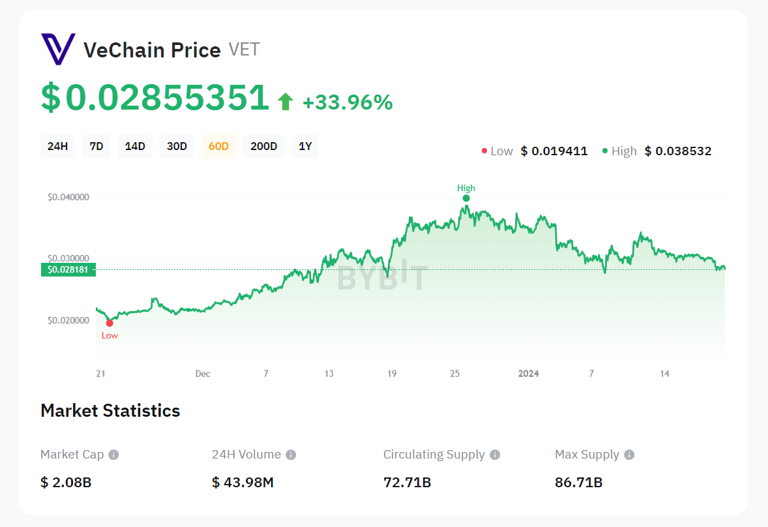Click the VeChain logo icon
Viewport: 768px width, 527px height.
(58, 50)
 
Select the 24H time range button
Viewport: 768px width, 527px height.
(58, 146)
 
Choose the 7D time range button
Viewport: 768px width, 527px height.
(96, 146)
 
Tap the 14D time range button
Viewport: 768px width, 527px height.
(135, 146)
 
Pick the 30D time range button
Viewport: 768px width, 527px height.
(177, 146)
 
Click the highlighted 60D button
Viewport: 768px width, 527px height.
(218, 146)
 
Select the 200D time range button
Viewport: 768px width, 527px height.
(264, 146)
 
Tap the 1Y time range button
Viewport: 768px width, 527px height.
(305, 146)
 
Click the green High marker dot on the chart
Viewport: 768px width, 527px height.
(466, 198)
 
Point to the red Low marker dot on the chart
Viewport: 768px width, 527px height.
(110, 323)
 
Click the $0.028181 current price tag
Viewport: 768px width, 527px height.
(68, 269)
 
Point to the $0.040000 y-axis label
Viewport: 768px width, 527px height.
(68, 197)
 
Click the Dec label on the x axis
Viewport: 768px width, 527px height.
(203, 374)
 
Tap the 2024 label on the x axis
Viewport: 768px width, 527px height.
(528, 374)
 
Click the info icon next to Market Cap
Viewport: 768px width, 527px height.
(113, 455)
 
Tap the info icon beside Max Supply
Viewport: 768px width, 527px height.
(629, 455)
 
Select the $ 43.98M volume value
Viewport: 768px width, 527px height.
(243, 483)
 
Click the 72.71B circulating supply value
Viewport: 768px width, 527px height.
(407, 483)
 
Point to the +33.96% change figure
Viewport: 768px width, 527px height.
(347, 102)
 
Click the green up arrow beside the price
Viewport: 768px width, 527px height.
(285, 102)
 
